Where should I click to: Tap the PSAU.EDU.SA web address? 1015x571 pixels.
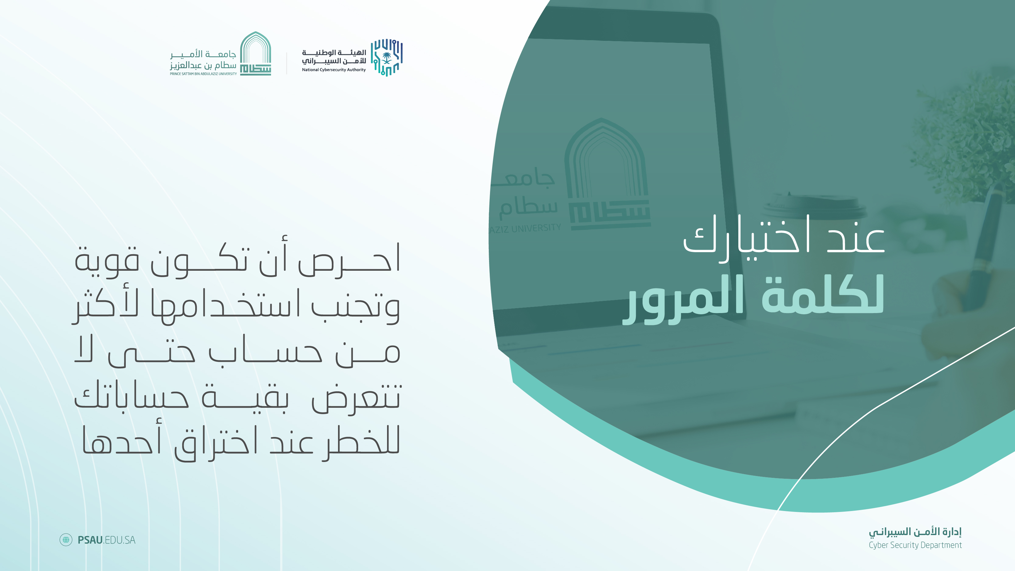(106, 540)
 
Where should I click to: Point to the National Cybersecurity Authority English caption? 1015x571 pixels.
(334, 70)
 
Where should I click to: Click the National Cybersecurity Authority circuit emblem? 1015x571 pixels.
(386, 57)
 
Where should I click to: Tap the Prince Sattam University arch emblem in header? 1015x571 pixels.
(256, 54)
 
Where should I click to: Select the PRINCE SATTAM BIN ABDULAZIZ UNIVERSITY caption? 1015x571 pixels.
(203, 74)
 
